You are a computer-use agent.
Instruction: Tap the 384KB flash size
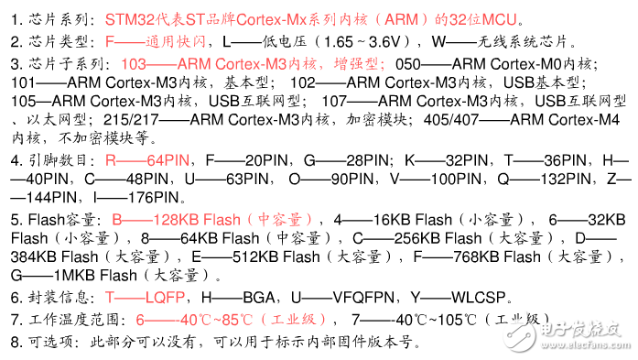click(x=44, y=257)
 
